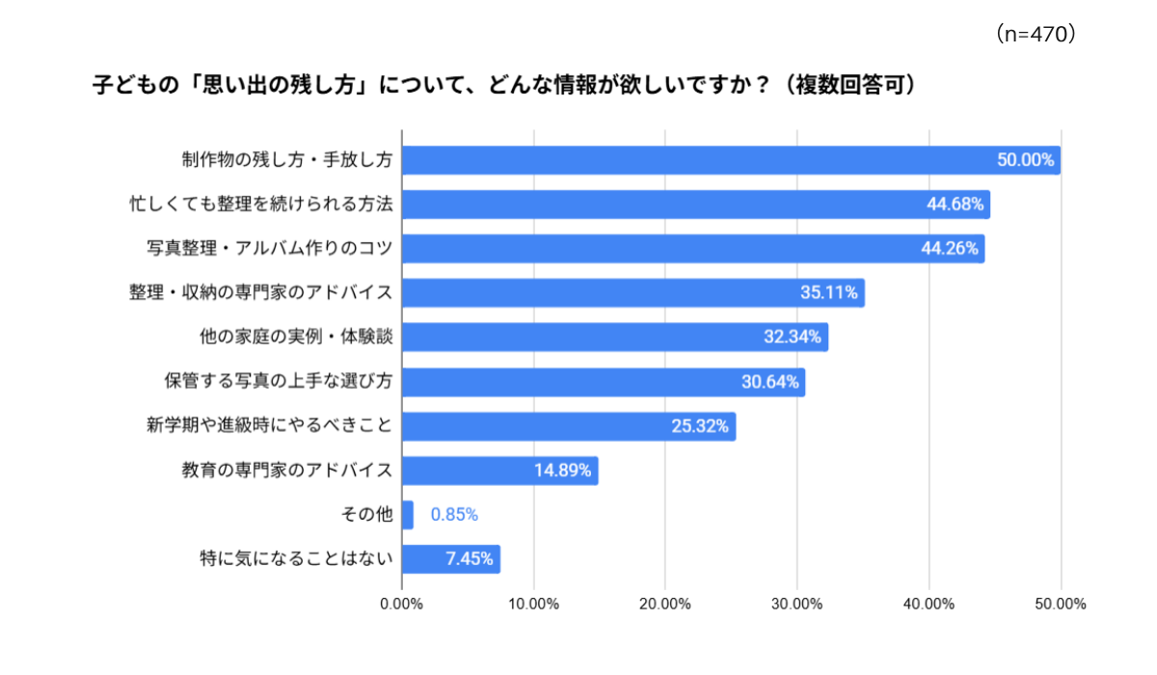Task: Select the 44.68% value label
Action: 955,204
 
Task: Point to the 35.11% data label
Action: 829,293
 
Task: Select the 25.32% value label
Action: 700,426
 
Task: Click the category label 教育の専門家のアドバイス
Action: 287,471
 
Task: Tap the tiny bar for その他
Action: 408,515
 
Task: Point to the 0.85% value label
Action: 454,515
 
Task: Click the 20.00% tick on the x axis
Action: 665,605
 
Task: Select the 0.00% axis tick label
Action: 402,605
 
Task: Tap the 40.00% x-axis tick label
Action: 928,605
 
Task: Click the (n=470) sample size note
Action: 1034,35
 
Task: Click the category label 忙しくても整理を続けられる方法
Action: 261,204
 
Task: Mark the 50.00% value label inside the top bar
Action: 1025,160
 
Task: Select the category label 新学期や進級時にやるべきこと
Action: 269,426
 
